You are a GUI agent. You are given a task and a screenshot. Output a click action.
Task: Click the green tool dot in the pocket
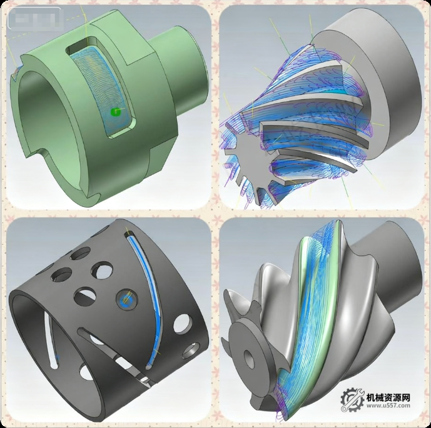[x=114, y=112]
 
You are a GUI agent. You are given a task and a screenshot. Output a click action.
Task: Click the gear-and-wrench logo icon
[x=353, y=399]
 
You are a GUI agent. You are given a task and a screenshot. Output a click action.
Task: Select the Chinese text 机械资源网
[x=388, y=397]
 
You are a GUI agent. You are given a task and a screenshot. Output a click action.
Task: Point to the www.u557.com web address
[x=388, y=406]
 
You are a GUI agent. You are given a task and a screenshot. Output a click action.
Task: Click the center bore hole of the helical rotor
[x=249, y=359]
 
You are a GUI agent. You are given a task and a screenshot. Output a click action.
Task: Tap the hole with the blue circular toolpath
[x=127, y=299]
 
